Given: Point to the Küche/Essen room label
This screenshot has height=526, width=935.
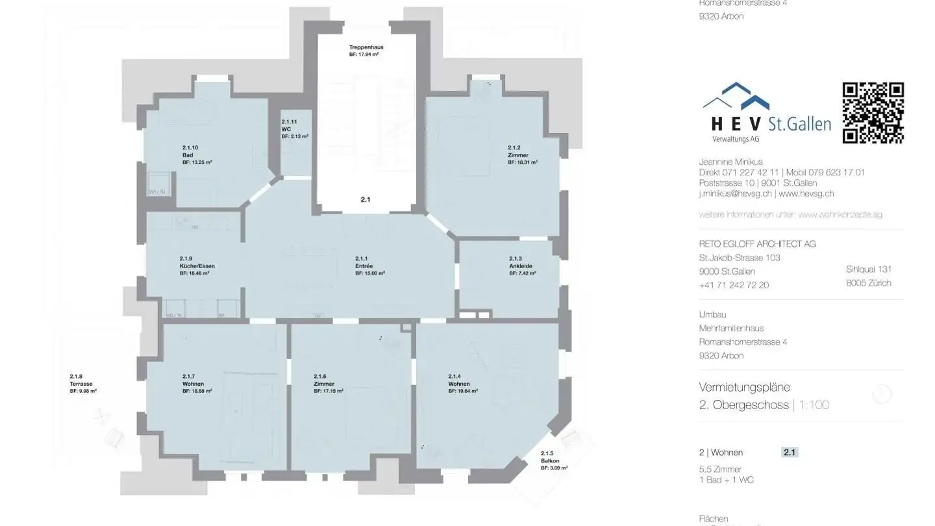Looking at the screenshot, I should (x=197, y=266).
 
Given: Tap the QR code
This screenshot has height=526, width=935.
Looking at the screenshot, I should (x=873, y=112).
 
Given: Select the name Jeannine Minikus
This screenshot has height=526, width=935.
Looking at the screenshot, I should (x=730, y=162).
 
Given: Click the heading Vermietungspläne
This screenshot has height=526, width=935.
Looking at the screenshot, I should (x=744, y=387).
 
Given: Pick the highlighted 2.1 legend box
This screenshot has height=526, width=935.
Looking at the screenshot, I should (x=790, y=453).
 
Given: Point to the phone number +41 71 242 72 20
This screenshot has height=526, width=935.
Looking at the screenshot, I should (x=734, y=285).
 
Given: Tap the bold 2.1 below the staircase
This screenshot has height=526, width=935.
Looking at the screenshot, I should (x=366, y=200).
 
